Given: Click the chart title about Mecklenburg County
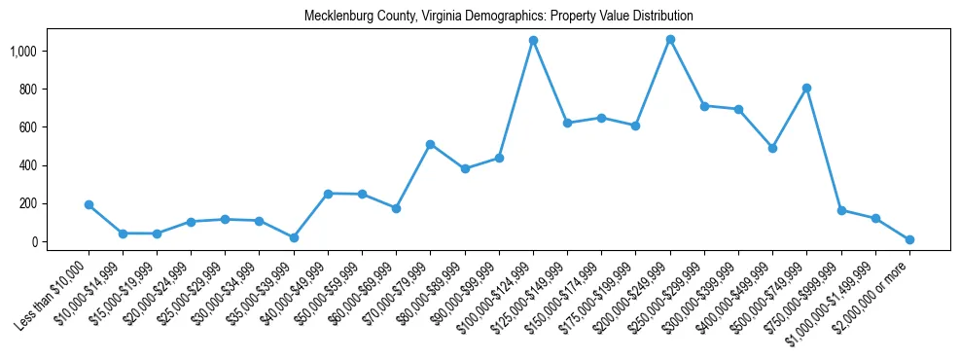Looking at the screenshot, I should point(498,16).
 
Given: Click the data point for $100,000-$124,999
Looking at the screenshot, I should point(533,40).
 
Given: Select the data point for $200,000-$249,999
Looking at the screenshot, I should point(670,39).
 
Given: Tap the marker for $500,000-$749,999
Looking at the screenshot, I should point(806,88).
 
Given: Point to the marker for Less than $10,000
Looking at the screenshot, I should point(89,204).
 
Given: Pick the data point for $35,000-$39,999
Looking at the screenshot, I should point(294,237).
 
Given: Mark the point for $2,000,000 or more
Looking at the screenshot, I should point(909,239).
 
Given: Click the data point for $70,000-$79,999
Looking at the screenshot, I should point(430,144).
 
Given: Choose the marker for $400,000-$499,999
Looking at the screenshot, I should point(772,148).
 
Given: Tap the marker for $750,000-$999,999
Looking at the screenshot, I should point(841,210).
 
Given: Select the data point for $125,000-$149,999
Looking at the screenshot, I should point(567,123).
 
